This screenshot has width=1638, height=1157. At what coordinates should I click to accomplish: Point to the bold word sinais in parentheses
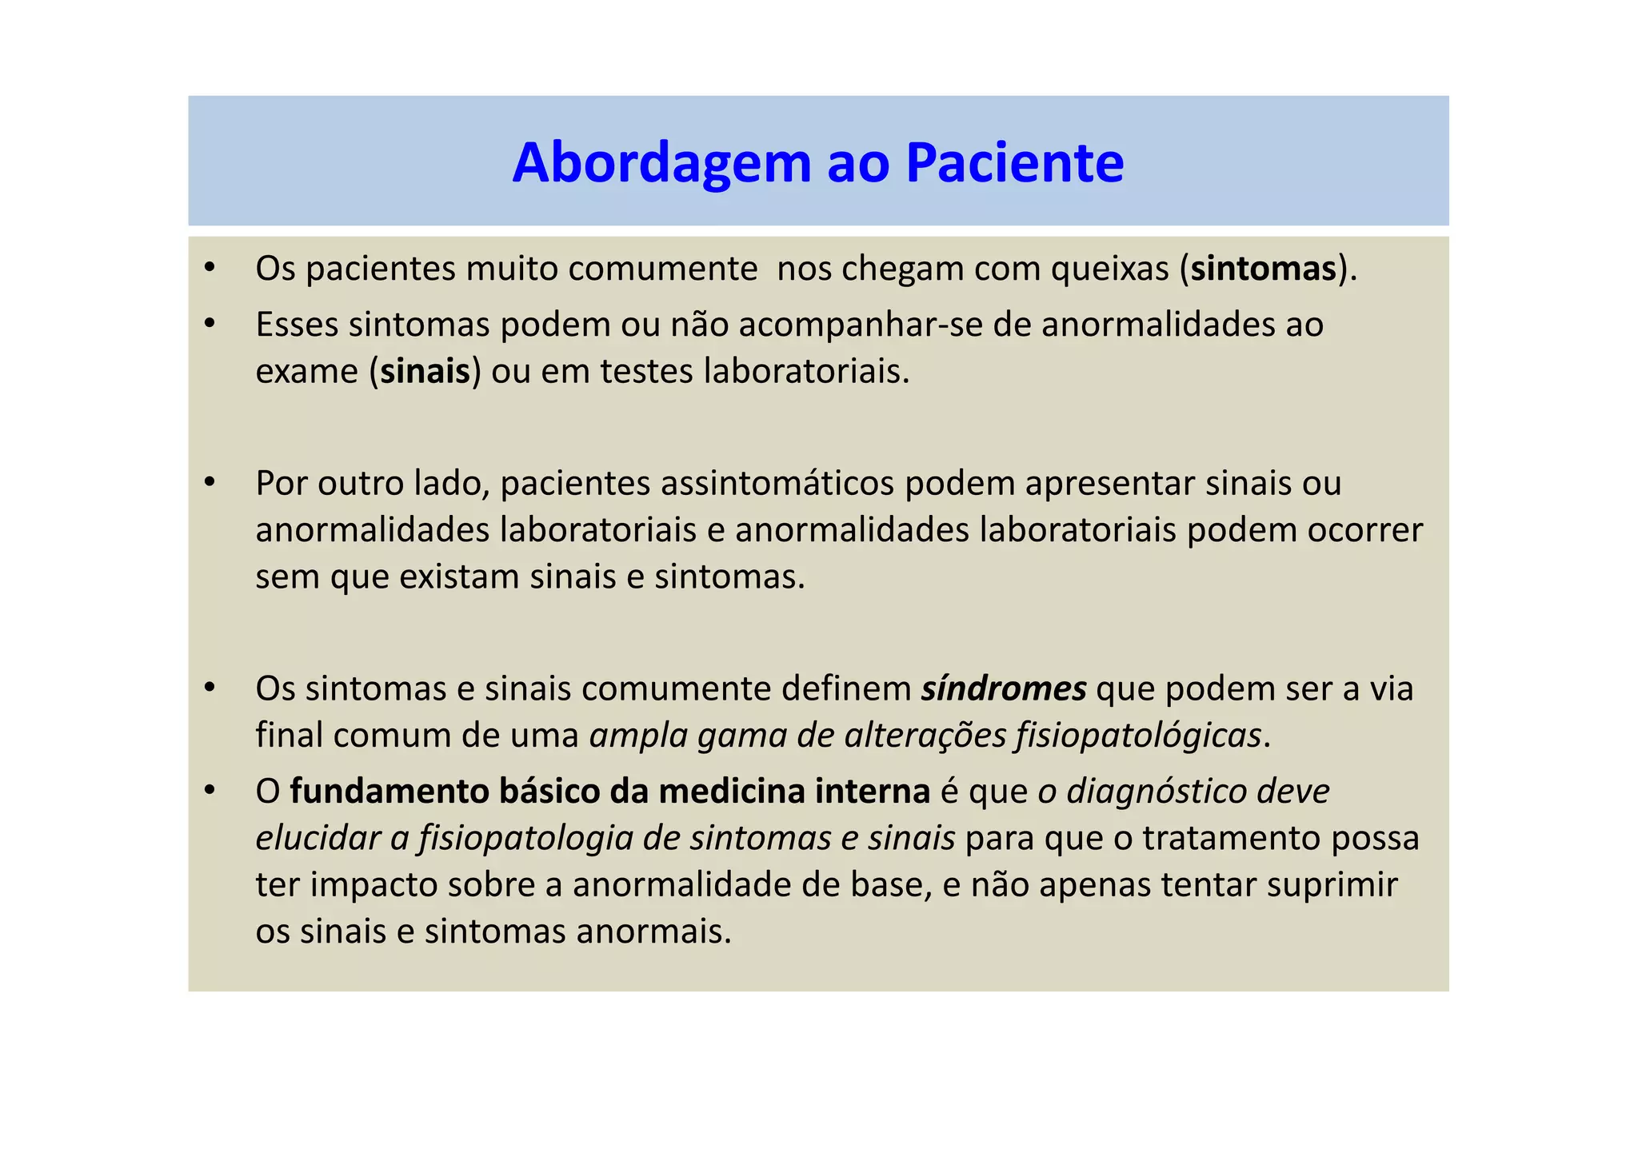pos(425,372)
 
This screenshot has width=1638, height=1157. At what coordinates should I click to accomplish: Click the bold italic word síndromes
pos(1003,689)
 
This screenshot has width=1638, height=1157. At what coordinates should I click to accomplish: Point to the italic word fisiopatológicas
pos(1138,736)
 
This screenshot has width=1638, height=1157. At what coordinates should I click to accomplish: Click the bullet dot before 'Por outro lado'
pos(210,482)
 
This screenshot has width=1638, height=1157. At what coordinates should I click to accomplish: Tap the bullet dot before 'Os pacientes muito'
pos(210,268)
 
